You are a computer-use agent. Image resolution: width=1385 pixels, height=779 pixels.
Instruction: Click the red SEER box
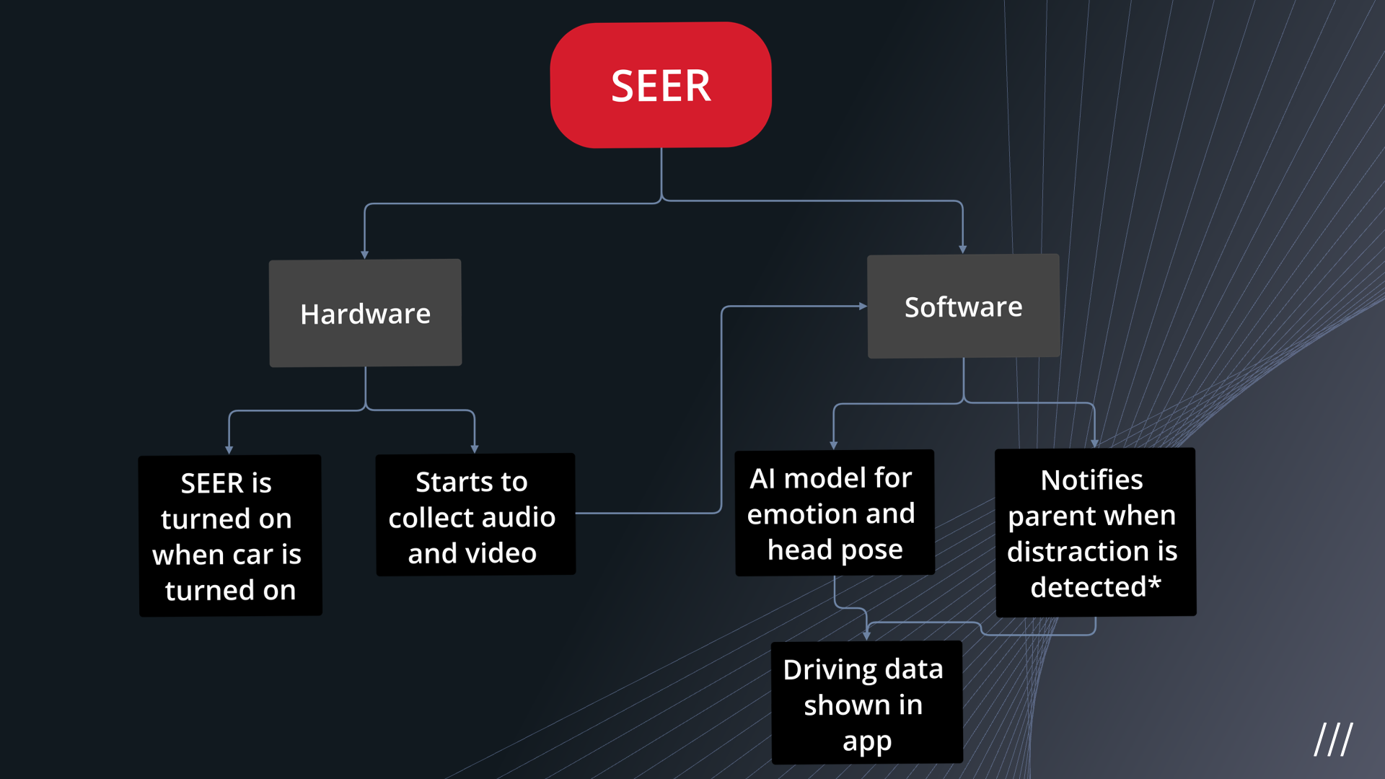661,85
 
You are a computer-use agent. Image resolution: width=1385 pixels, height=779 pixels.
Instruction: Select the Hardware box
365,313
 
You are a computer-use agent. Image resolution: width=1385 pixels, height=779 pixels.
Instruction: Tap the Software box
964,306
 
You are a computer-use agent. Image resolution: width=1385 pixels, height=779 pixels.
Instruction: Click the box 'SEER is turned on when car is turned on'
230,535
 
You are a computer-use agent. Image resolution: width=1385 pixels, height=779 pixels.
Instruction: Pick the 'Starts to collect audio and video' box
475,514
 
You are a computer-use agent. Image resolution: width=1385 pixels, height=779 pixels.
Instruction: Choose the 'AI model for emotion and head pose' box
835,513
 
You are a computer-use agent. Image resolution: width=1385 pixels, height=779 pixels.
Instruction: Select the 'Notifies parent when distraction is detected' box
1095,532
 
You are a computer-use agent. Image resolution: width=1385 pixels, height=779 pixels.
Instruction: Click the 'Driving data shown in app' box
866,703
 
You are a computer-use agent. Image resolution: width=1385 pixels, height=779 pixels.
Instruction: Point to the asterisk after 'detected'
1154,582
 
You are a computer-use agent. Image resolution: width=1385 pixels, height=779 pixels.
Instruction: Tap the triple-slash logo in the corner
1333,739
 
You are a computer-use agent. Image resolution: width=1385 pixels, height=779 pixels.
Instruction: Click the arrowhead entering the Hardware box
364,255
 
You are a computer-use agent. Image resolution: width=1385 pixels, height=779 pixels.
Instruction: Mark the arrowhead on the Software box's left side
863,306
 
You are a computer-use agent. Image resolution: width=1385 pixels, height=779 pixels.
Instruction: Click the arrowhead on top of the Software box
962,250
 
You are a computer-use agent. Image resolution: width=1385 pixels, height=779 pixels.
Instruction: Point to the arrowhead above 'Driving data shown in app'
866,636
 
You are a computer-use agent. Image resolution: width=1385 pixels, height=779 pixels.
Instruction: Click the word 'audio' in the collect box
518,517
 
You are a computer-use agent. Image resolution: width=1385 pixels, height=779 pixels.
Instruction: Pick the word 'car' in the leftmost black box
252,555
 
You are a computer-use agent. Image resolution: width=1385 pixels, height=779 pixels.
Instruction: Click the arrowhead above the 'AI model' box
834,446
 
